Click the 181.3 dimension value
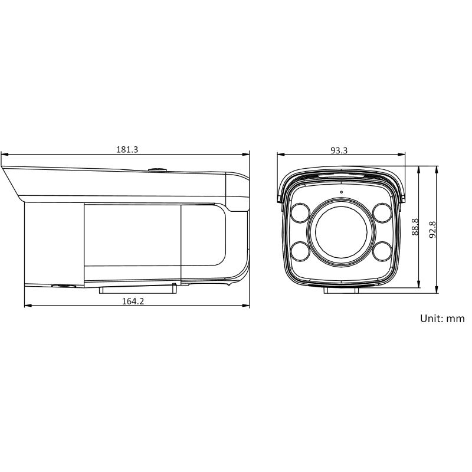tap(127, 149)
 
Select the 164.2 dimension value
tap(133, 301)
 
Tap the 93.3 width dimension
tap(339, 150)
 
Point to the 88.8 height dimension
tap(415, 227)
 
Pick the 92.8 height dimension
tap(432, 230)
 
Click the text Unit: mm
tap(442, 319)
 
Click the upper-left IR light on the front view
tap(300, 213)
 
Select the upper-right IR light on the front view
tap(382, 213)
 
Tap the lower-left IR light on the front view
tap(300, 251)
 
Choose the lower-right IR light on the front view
tap(382, 251)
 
